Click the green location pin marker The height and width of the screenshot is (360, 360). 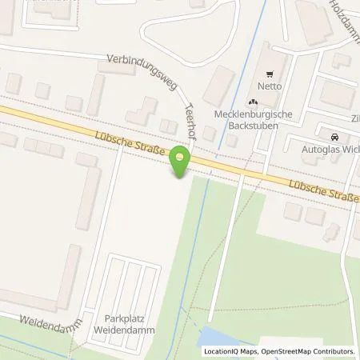(180, 164)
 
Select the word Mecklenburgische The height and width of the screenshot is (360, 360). (253, 114)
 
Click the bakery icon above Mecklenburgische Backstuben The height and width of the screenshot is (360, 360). (253, 102)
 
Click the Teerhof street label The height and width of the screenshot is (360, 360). (190, 122)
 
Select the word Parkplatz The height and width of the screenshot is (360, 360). (131, 318)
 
